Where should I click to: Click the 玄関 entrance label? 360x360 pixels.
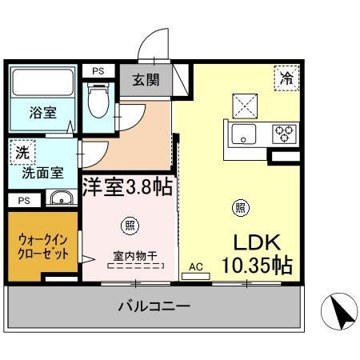145,81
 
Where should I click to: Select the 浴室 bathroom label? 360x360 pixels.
43,113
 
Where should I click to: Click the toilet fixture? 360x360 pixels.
99,99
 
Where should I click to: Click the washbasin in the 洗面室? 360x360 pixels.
60,198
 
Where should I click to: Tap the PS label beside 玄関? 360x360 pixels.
98,70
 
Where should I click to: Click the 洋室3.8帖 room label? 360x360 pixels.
127,186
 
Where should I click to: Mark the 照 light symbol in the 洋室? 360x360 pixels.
127,224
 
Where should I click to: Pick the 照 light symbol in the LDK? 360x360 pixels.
239,208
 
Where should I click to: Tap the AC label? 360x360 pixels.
195,266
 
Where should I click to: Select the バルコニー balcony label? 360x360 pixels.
154,306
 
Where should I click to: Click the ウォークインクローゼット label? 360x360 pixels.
43,246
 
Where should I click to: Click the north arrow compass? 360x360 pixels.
339,310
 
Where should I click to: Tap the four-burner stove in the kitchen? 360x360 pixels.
285,134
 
